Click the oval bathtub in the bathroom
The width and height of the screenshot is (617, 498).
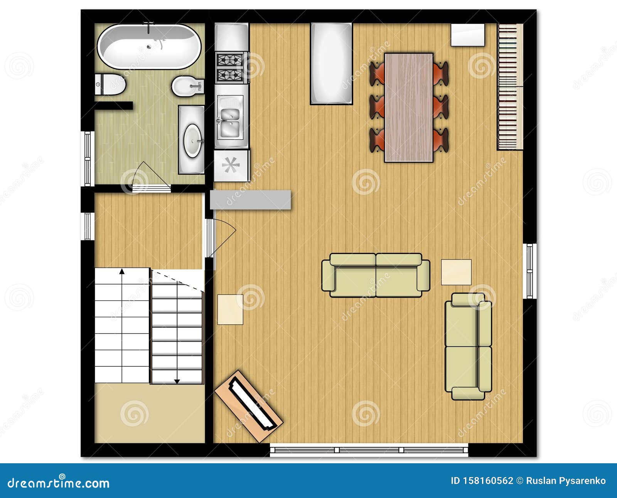coord(149,46)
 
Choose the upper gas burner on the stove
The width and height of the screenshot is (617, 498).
coord(229,60)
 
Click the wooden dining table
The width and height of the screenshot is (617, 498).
coord(409,107)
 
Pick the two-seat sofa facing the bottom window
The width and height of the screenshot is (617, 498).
coord(376,275)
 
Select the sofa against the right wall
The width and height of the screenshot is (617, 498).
coord(468,346)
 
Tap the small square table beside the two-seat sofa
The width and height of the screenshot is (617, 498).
coord(456,272)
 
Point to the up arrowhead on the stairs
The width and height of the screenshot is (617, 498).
coord(122,271)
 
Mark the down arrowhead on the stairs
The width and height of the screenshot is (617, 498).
coord(177,381)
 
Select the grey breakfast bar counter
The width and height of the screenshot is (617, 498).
coord(251,200)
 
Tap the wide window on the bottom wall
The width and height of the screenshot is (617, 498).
coord(369,450)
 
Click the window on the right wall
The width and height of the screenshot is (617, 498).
coord(530,271)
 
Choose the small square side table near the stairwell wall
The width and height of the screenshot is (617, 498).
coord(230,310)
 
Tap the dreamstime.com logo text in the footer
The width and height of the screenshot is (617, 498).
coord(59,483)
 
